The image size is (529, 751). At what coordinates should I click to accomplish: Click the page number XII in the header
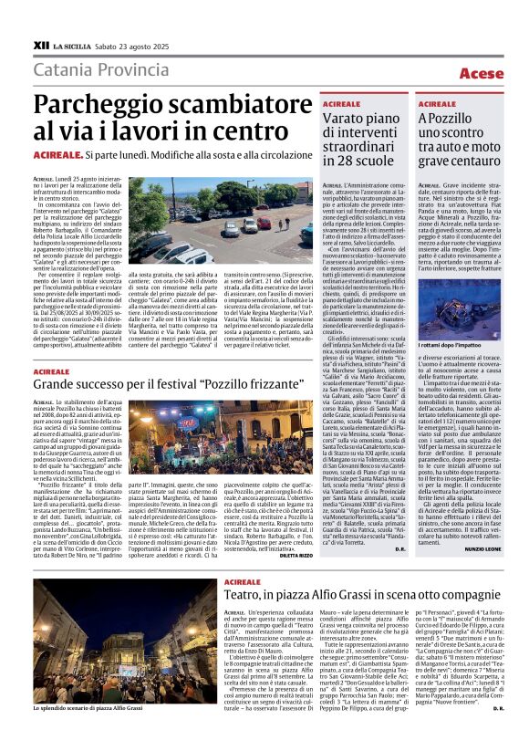40,43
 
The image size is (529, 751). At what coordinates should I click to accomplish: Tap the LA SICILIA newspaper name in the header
71,44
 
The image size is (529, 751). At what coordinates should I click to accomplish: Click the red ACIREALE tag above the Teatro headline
241,580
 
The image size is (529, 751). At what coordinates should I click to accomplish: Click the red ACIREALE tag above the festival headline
51,371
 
